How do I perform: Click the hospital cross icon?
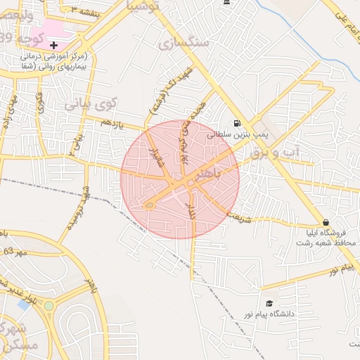click(53, 44)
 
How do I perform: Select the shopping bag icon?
click(325, 222)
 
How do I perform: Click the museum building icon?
click(226, 4)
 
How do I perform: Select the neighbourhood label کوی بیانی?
click(89, 105)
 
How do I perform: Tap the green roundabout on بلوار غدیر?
click(49, 306)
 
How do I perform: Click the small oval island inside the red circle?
click(149, 205)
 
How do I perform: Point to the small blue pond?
click(25, 305)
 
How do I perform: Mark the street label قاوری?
click(39, 103)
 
